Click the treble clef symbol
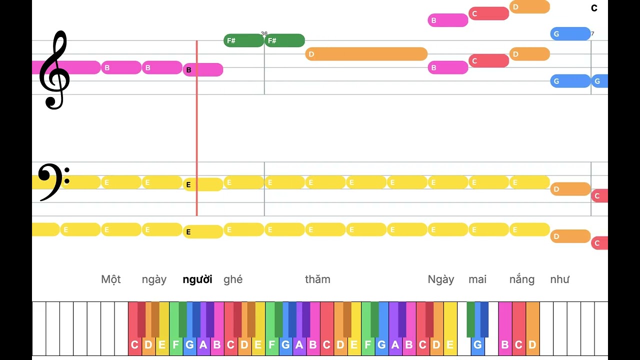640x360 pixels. point(54,70)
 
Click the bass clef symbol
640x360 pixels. point(53,182)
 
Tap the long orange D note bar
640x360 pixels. point(366,54)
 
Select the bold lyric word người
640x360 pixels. point(197,279)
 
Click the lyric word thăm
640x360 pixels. point(317,279)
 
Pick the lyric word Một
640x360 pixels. point(111,279)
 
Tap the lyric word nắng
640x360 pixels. point(522,279)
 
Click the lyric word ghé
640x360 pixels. point(233,279)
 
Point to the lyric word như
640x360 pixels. point(559,279)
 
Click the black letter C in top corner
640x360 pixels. point(594,8)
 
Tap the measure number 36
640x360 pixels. point(264,33)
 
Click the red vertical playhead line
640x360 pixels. point(197,128)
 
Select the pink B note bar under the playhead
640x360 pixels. point(203,69)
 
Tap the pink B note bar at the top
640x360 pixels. point(448,20)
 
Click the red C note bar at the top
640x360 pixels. point(489,13)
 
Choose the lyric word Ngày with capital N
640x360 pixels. point(441,279)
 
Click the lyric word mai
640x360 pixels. point(477,279)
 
